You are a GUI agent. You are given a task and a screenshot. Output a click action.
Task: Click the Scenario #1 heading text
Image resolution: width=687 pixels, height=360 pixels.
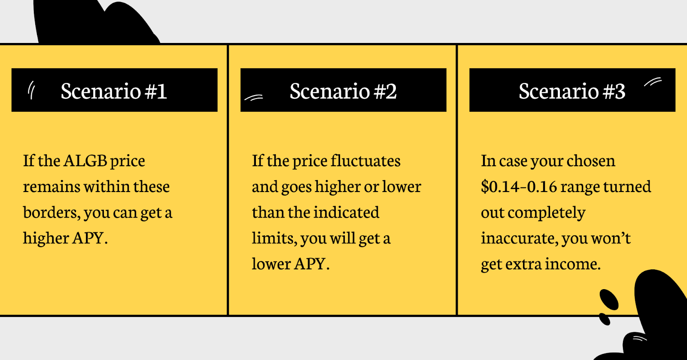click(114, 91)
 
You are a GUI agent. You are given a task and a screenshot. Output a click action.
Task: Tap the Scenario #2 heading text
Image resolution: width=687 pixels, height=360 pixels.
click(343, 91)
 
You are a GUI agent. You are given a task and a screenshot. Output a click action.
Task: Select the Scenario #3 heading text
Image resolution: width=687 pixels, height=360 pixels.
click(572, 91)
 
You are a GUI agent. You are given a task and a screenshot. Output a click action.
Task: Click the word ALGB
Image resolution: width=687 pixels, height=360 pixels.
click(85, 161)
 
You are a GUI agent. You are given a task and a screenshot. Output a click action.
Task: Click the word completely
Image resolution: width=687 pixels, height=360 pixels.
click(547, 213)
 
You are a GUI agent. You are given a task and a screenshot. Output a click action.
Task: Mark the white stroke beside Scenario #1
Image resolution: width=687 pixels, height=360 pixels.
click(31, 90)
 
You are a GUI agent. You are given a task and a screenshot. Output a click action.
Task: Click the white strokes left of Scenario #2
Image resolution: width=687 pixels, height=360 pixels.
click(254, 98)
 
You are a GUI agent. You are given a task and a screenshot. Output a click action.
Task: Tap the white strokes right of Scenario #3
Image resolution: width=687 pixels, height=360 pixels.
click(653, 82)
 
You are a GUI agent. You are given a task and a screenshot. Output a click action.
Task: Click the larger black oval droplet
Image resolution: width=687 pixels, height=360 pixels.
click(609, 299)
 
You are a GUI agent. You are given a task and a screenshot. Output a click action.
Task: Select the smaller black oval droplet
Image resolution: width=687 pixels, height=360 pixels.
click(605, 319)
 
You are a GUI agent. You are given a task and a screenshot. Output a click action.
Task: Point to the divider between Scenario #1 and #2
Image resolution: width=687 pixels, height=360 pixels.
click(228, 180)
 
